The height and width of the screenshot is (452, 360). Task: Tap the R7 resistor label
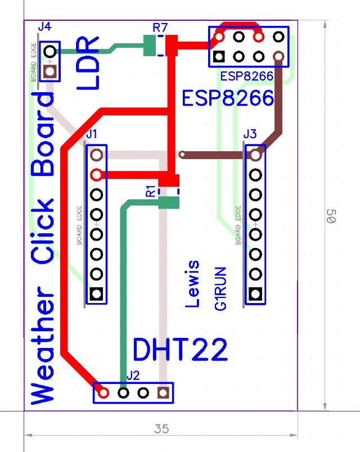tap(160, 26)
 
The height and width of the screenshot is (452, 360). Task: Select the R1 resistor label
tap(150, 191)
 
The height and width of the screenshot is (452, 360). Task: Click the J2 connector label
tap(133, 374)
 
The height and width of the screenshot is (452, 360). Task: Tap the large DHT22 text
tap(180, 350)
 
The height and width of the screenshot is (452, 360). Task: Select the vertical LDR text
tap(88, 63)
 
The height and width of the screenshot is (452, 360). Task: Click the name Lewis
tap(193, 283)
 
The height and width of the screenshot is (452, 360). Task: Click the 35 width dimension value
tap(161, 429)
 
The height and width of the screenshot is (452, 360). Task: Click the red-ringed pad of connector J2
tap(103, 392)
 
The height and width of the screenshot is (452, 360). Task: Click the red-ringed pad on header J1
tap(97, 174)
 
